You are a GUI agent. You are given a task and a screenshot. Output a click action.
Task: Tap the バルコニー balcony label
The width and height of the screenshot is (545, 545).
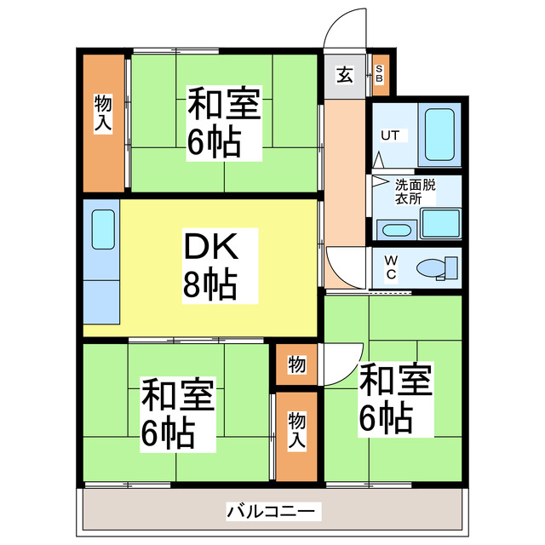[x=272, y=512]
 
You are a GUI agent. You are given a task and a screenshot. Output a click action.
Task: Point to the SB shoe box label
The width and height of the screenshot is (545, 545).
[x=380, y=73]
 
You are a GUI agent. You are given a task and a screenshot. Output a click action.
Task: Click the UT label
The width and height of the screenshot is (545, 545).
[x=389, y=135]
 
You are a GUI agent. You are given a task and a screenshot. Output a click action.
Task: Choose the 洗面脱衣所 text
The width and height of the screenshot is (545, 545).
[x=413, y=190]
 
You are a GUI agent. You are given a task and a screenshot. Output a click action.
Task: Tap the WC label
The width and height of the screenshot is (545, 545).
[x=390, y=267]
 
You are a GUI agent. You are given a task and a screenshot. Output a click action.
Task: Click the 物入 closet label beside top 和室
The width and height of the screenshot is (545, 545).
[x=103, y=113]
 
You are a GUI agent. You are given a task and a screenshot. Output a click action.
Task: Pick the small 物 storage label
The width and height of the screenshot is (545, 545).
[x=296, y=364]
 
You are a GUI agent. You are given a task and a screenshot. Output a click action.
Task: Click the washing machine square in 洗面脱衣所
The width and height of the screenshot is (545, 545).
[x=440, y=223]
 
